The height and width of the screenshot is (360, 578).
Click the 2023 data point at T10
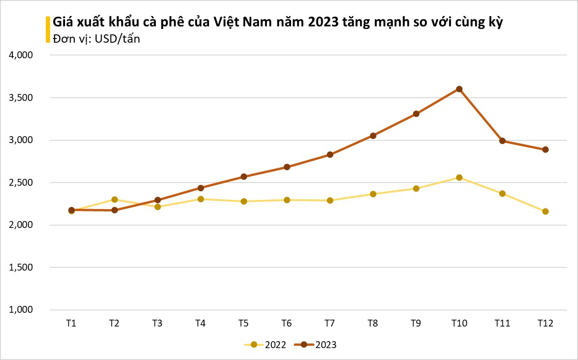(459, 89)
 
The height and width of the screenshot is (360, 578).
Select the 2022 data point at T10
(459, 177)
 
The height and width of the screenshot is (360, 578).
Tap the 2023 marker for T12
(545, 150)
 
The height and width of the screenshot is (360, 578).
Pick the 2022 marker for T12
(545, 211)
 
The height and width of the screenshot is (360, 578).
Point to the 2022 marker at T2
(115, 199)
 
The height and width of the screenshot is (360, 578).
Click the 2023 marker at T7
(330, 155)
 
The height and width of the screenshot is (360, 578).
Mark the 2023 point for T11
(502, 141)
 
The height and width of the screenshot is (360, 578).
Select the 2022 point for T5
(244, 201)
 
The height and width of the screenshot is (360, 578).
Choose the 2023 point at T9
(416, 114)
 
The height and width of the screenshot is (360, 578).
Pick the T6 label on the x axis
(286, 323)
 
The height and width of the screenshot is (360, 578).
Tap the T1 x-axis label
(71, 323)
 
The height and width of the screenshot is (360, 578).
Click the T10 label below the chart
(459, 323)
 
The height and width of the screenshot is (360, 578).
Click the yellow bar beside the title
(47, 30)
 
